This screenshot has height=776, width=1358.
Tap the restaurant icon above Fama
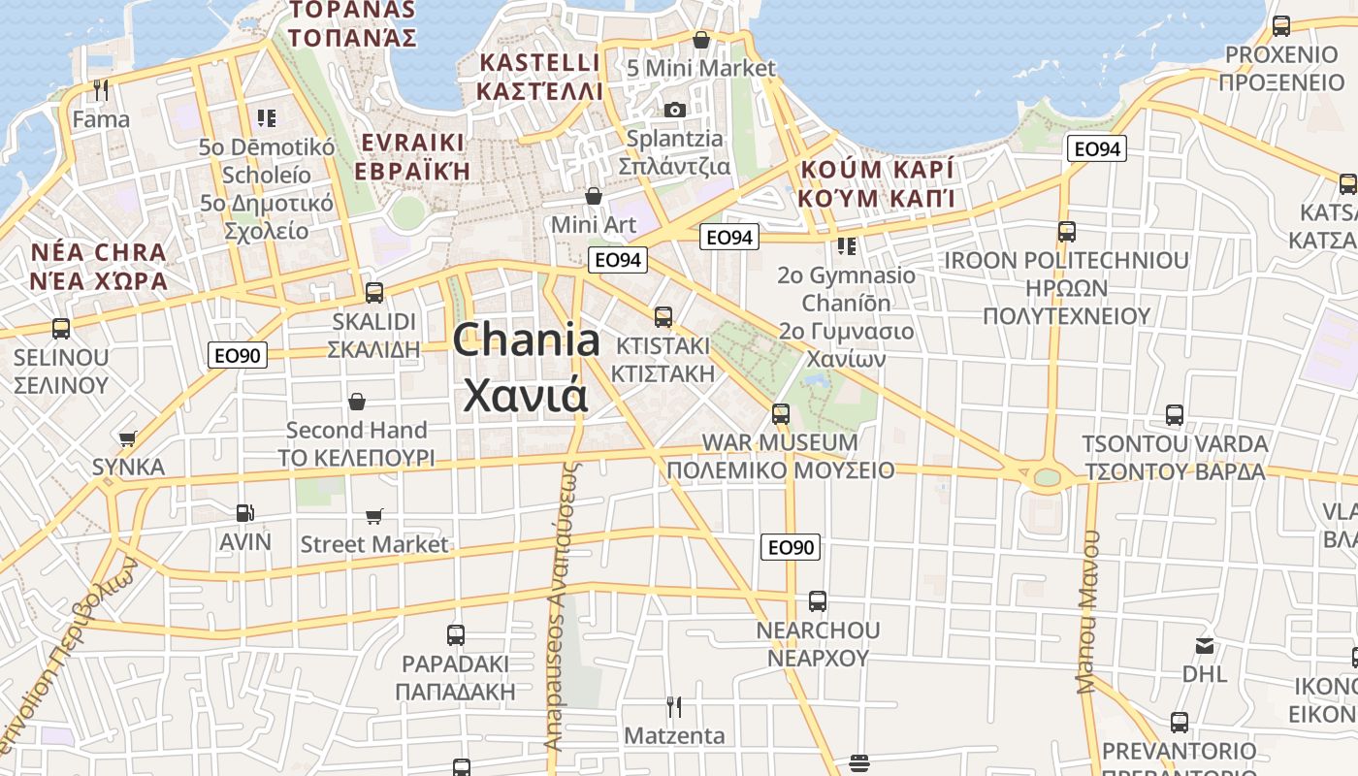coord(101,90)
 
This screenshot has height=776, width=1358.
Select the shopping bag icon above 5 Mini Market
coord(701,40)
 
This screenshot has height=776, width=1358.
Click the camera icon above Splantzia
coord(674,111)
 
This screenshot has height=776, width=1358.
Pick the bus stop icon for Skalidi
coord(373,292)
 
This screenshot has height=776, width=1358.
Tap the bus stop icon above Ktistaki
coord(663,316)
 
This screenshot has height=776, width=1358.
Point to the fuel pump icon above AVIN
coord(245,513)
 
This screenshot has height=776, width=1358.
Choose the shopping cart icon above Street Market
coord(373,516)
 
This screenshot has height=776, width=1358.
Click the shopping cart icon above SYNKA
coord(128,438)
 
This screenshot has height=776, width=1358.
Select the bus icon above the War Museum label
coord(781,414)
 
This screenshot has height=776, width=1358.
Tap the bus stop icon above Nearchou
coord(818,601)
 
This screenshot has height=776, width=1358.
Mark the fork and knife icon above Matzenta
coord(674,706)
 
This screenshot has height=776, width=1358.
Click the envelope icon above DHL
coord(1205,645)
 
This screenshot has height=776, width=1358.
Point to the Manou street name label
coord(1088,611)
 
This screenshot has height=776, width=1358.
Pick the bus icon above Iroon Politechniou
coord(1067,232)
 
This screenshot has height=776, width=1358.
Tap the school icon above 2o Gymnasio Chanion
coord(847,246)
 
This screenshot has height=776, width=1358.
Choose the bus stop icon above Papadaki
coord(456,635)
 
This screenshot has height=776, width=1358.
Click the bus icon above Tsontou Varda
coord(1175,415)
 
